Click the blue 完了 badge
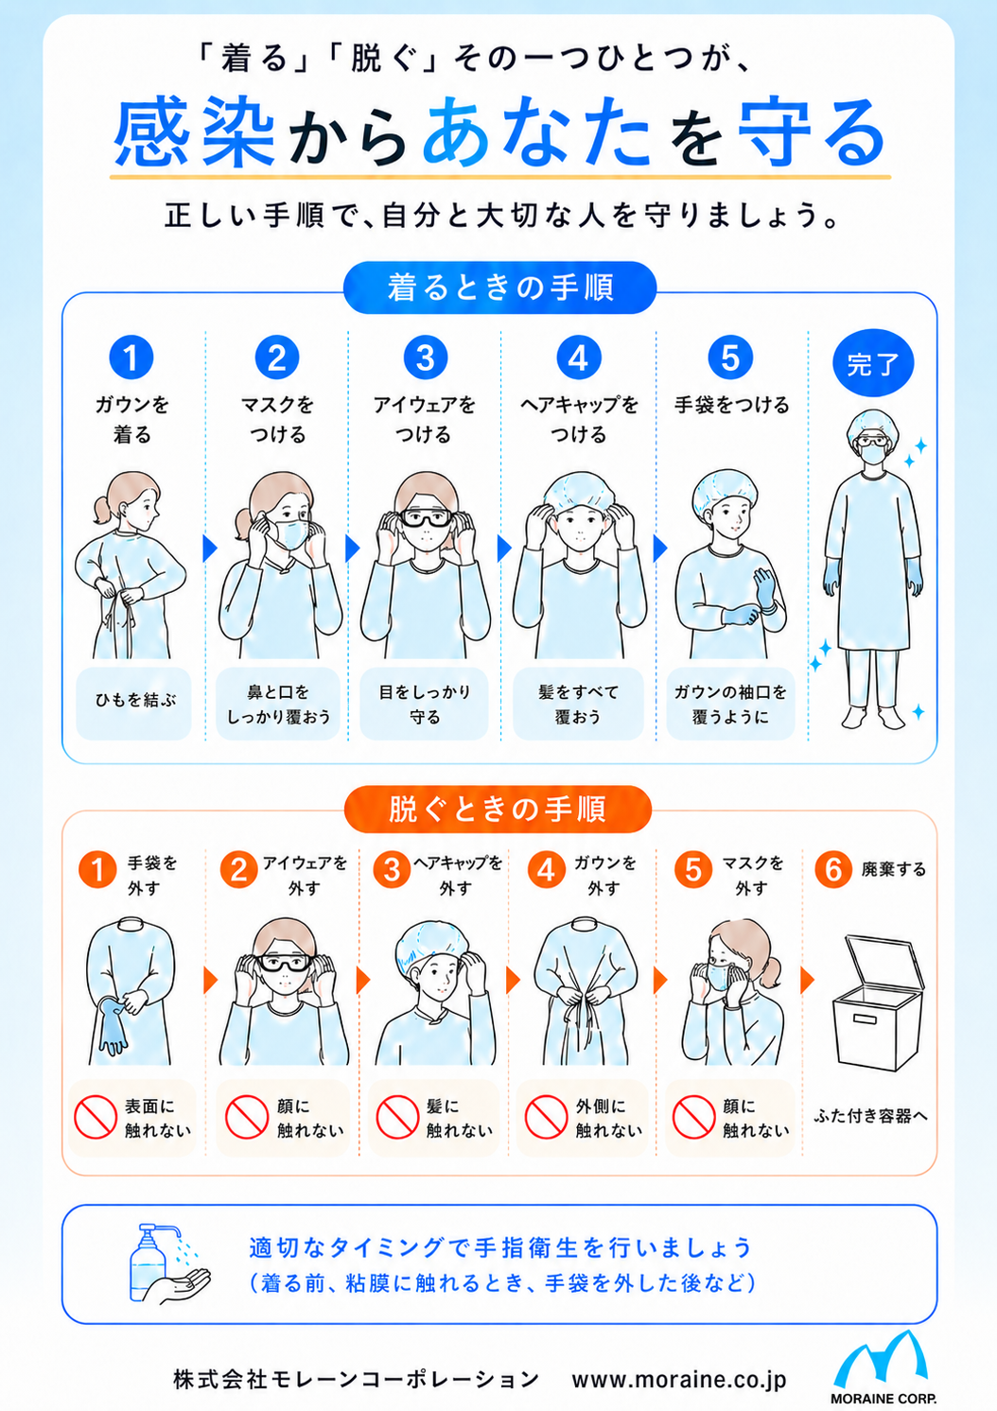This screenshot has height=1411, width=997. tap(873, 363)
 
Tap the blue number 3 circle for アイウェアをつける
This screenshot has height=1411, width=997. tap(426, 357)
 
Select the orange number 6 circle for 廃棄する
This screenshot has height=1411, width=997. tap(833, 870)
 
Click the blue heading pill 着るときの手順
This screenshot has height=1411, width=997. tap(499, 287)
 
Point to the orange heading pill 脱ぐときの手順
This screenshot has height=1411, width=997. tap(498, 809)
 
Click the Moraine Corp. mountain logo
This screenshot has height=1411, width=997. tap(882, 1364)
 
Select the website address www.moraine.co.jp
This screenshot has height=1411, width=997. tap(679, 1380)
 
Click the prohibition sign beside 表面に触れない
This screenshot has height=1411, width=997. tap(96, 1117)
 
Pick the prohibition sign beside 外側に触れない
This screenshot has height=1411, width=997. tap(547, 1117)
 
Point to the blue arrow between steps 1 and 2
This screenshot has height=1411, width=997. tap(210, 548)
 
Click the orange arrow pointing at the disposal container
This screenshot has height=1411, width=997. tap(807, 980)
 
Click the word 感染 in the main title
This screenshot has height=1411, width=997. tap(194, 133)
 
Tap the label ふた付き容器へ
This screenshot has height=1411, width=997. tap(870, 1116)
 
